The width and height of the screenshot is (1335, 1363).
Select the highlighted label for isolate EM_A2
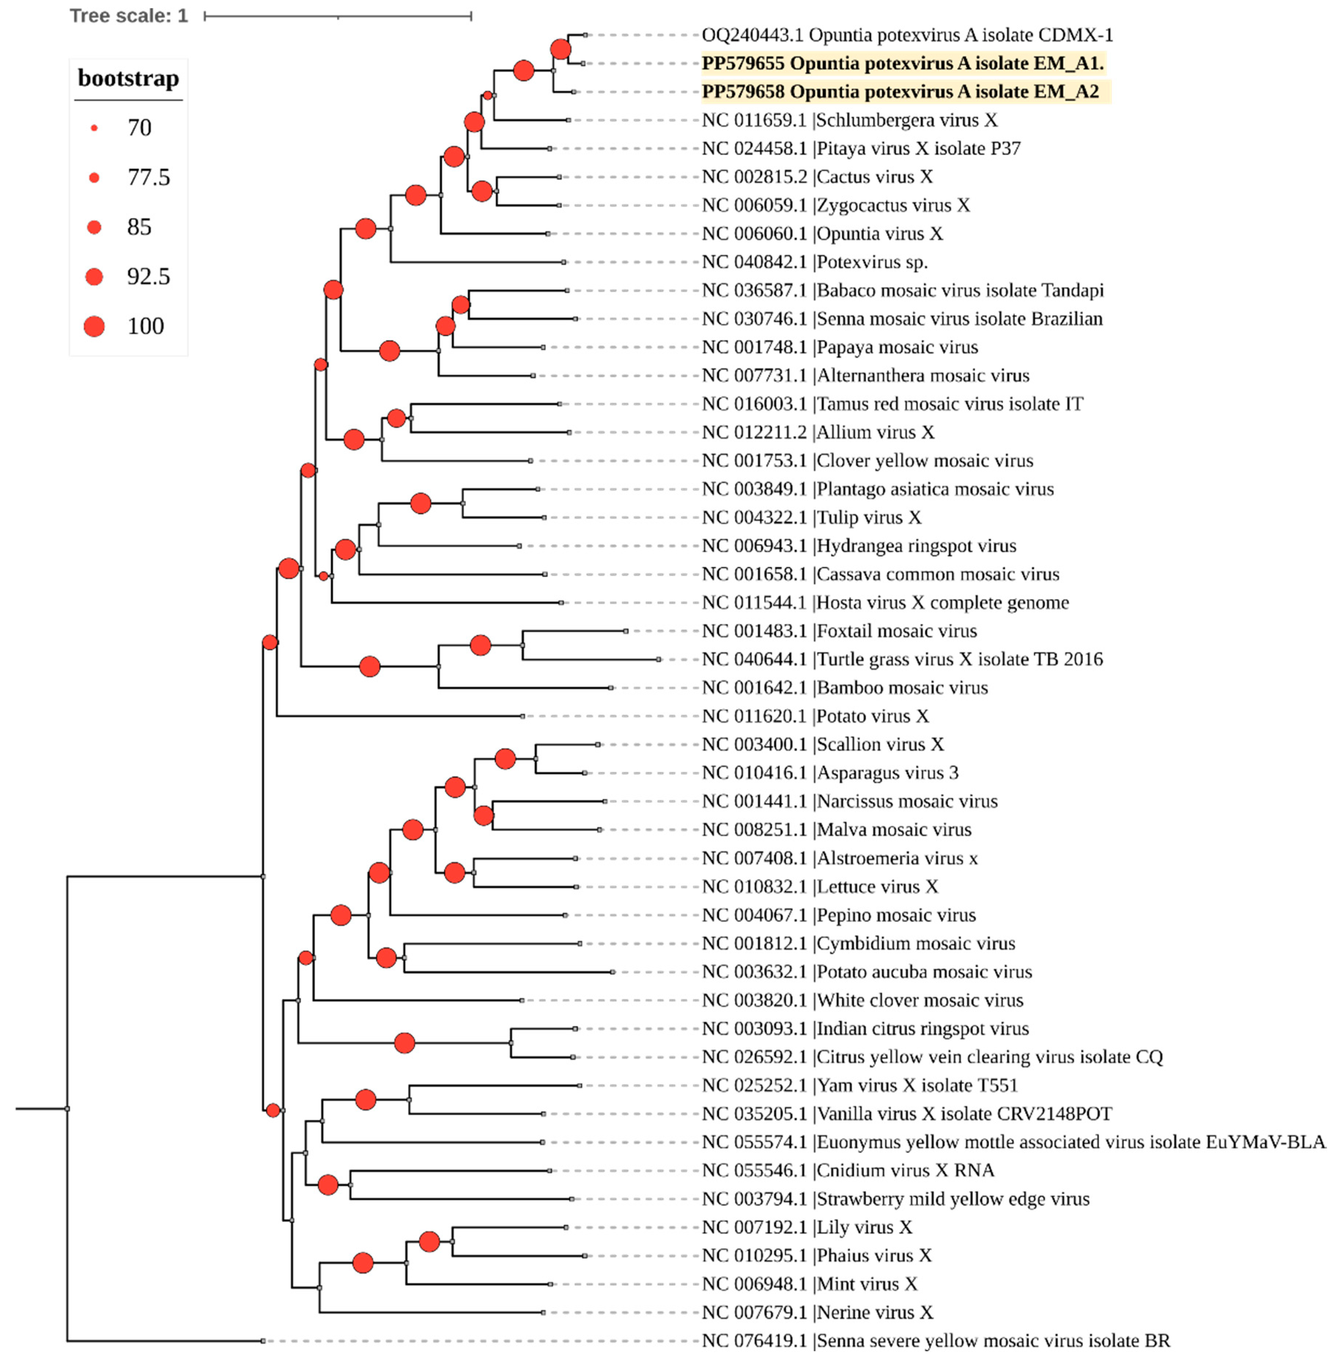900,92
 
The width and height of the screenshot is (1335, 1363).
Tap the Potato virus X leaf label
816,716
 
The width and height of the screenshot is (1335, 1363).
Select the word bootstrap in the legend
128,78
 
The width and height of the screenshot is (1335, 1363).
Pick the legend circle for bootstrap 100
94,326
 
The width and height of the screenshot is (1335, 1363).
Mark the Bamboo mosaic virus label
845,688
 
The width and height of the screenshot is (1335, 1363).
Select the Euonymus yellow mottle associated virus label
1014,1142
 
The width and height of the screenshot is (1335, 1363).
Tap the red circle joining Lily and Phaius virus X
429,1242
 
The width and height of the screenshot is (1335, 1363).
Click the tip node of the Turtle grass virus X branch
658,659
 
